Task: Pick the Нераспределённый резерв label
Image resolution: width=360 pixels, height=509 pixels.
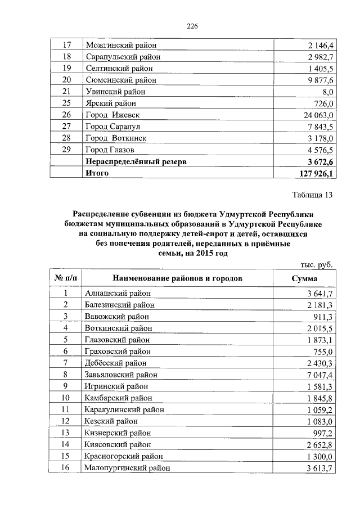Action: [x=135, y=162]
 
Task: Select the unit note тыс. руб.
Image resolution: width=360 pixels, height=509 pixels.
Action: [x=314, y=264]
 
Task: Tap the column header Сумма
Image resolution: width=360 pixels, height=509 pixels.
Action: [x=304, y=278]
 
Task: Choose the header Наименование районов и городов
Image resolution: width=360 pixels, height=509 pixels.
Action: [x=177, y=278]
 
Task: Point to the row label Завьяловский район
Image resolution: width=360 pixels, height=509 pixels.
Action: [x=121, y=375]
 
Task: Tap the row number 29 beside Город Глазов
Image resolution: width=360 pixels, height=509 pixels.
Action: [x=65, y=150]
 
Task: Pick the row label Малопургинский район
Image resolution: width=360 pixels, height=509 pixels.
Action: [x=127, y=467]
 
